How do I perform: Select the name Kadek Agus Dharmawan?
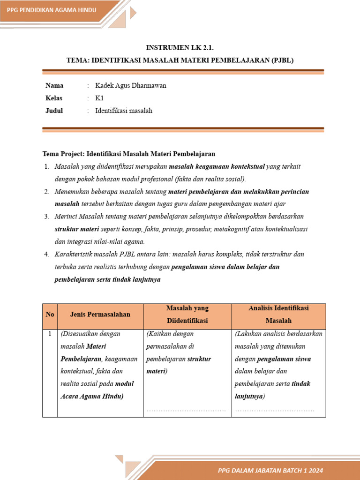130,86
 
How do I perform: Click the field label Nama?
54,86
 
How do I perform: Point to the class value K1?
99,98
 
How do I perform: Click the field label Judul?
54,111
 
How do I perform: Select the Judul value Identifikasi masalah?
124,111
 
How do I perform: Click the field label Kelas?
54,98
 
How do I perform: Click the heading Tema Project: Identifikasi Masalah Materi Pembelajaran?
128,154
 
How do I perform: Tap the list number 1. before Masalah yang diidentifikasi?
47,166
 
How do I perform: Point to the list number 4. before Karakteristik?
47,255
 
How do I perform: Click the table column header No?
50,315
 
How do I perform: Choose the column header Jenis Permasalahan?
100,315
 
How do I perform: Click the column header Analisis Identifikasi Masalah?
278,315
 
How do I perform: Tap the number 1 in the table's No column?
50,334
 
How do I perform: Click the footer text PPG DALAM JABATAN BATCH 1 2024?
270,470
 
